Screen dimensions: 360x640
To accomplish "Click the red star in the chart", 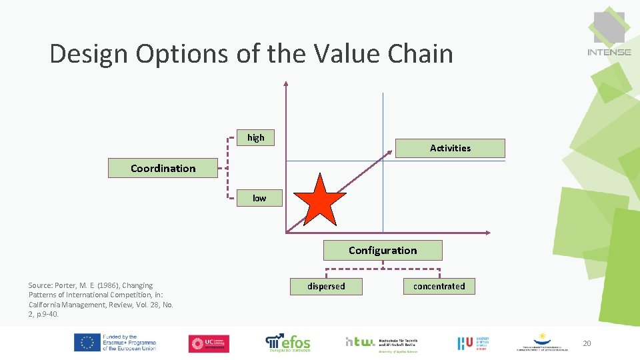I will click(321, 200).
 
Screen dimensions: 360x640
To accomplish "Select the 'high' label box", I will click(256, 137).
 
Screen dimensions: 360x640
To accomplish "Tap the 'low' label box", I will click(259, 198).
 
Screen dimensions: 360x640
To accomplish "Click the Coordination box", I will click(163, 168).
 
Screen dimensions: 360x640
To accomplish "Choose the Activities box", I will click(450, 148).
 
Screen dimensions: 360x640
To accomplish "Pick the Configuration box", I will click(383, 251).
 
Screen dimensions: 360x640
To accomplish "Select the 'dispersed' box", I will click(326, 286).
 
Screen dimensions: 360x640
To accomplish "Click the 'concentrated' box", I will click(439, 286).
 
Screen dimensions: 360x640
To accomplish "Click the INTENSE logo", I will click(609, 33).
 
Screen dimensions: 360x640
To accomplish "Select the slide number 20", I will click(587, 343).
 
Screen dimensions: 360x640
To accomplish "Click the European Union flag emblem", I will click(87, 343).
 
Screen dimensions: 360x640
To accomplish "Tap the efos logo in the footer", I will click(288, 343).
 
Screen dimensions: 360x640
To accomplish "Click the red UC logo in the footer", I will click(209, 343).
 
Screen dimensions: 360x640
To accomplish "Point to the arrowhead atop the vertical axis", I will click(286, 84).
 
